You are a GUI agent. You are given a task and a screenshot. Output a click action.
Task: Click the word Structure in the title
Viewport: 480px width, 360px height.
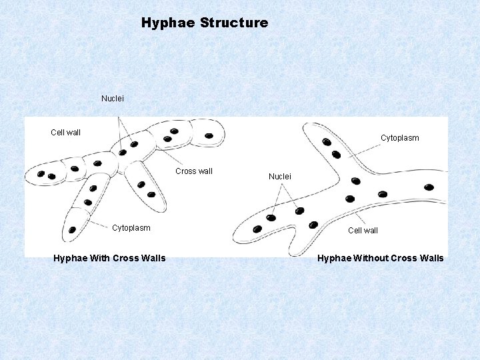click(x=234, y=23)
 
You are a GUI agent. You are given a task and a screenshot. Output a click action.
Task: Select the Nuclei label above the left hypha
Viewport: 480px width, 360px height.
click(x=113, y=99)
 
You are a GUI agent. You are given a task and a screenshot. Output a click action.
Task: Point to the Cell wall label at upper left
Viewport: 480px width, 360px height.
click(x=65, y=133)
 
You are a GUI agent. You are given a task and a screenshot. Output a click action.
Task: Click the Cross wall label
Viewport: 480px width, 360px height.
click(x=194, y=171)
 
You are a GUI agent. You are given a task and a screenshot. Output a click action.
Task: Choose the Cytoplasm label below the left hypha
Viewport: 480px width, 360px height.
click(x=131, y=228)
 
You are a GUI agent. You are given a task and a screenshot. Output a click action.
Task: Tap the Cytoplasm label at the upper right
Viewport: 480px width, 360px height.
click(x=400, y=138)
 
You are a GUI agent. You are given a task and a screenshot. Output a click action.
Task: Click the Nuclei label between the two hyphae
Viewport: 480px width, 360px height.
click(x=280, y=177)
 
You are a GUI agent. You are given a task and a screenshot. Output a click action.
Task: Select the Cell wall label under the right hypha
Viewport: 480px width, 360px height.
click(x=363, y=231)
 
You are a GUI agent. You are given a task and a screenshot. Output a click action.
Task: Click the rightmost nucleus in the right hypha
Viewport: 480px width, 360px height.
click(x=429, y=187)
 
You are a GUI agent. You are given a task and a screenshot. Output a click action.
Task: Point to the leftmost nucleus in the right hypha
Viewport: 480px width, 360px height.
click(x=258, y=229)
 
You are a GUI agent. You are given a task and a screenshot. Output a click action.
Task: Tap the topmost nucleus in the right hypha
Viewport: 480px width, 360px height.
click(x=327, y=141)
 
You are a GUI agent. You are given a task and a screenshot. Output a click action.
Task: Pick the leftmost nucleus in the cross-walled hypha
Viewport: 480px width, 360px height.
click(x=41, y=174)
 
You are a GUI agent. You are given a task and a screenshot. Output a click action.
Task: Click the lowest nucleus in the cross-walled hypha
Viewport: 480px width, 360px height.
click(x=72, y=230)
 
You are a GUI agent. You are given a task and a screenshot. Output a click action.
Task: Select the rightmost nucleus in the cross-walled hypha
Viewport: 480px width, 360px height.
click(x=209, y=136)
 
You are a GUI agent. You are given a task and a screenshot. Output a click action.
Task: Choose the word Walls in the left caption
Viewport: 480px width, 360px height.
click(x=151, y=259)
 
